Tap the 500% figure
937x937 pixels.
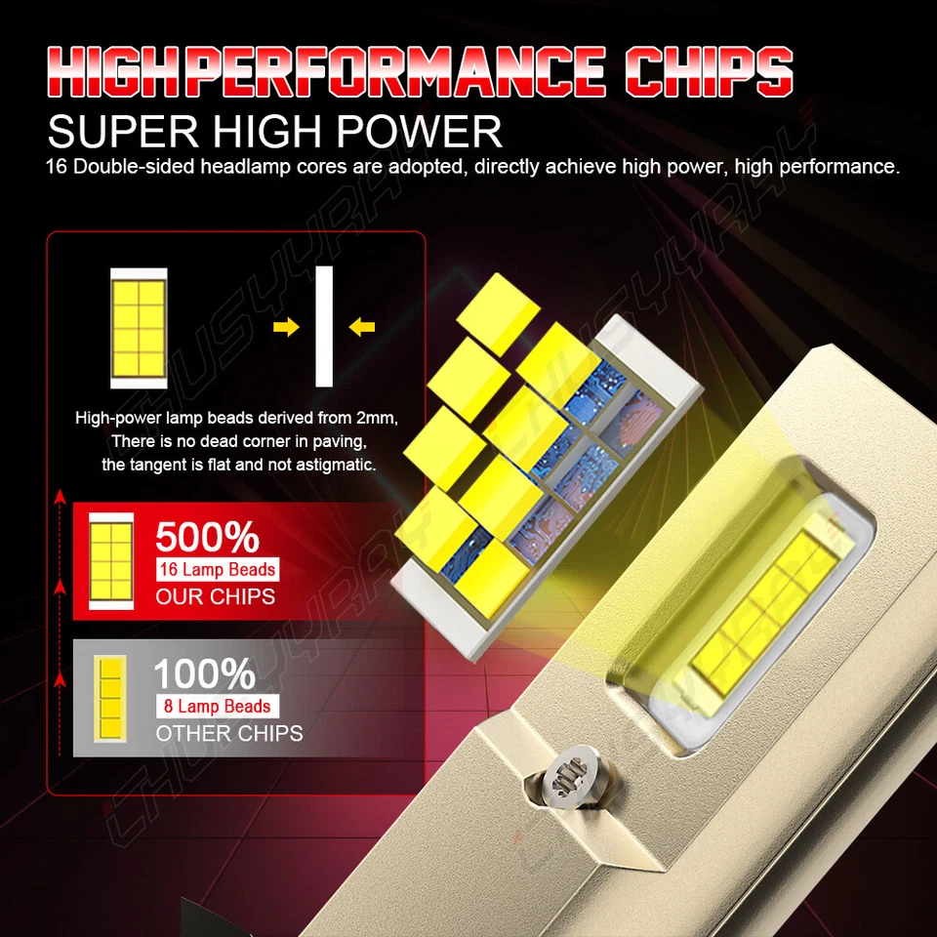207,538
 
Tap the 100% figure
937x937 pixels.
205,674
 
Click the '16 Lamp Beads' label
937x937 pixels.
217,569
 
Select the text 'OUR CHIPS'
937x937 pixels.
215,596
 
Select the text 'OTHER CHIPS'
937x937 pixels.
229,733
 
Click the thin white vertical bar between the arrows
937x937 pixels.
324,327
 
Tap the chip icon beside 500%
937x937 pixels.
111,560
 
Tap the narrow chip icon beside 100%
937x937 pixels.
110,696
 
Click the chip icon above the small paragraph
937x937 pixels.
139,327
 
